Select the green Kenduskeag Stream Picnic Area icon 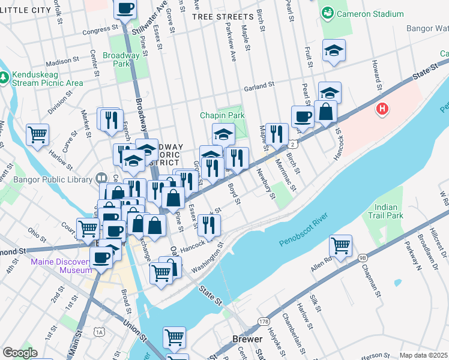(5, 77)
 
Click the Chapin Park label (222, 115)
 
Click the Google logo (20, 353)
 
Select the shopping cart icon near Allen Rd (341, 245)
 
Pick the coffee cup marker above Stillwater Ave (125, 9)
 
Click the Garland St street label (259, 86)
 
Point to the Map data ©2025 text (423, 355)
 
